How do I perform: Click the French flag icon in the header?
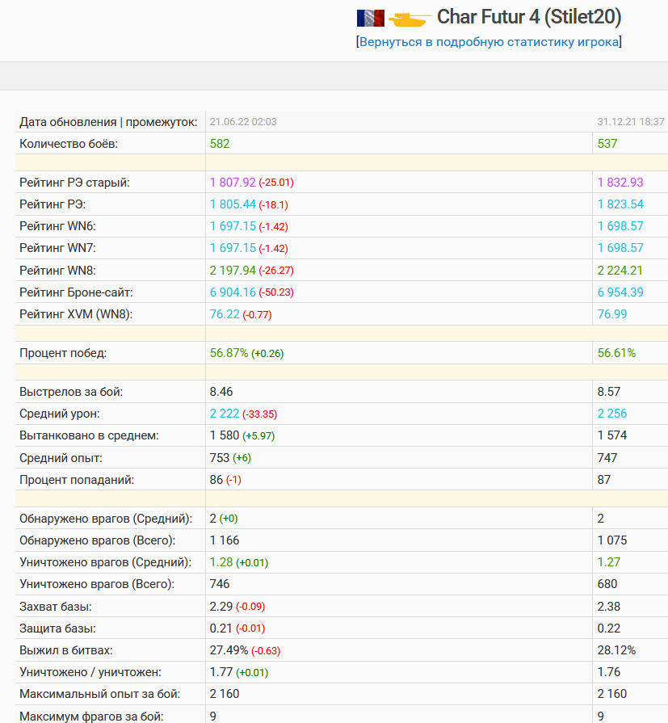[x=371, y=18]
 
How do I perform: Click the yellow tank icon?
[x=410, y=19]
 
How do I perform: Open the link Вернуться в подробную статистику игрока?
[x=489, y=42]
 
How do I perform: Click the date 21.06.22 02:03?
[x=243, y=122]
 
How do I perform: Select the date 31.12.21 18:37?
[x=631, y=122]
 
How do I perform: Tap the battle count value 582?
[x=220, y=144]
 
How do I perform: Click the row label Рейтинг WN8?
[x=57, y=270]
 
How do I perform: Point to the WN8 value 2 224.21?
[x=620, y=270]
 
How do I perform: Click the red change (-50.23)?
[x=276, y=292]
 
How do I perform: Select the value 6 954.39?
[x=620, y=292]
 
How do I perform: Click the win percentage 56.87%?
[x=229, y=353]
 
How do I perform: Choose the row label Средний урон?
[x=60, y=414]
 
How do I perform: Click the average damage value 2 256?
[x=612, y=413]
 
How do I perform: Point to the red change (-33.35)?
[x=259, y=414]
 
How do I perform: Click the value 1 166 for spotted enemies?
[x=225, y=540]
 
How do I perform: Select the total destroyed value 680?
[x=607, y=584]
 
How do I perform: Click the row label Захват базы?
[x=55, y=607]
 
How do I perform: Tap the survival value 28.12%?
[x=616, y=650]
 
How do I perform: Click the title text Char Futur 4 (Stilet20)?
[x=529, y=17]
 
